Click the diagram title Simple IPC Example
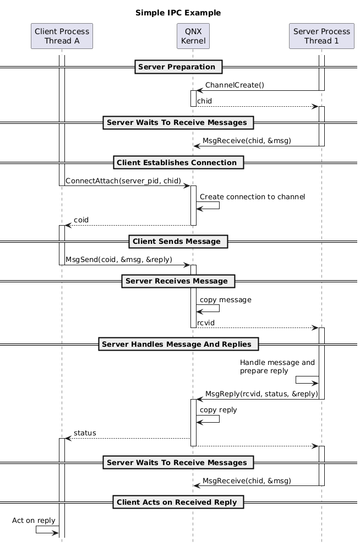178,13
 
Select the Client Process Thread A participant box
62,36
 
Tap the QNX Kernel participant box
193,36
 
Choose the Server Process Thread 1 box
321,36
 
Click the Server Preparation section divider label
177,67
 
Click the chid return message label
204,101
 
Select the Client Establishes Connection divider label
177,162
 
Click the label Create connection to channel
252,196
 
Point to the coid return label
81,220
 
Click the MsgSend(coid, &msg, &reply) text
119,259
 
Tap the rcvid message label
206,322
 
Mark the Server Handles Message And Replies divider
178,345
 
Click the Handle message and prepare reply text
277,367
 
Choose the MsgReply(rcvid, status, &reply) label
261,394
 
